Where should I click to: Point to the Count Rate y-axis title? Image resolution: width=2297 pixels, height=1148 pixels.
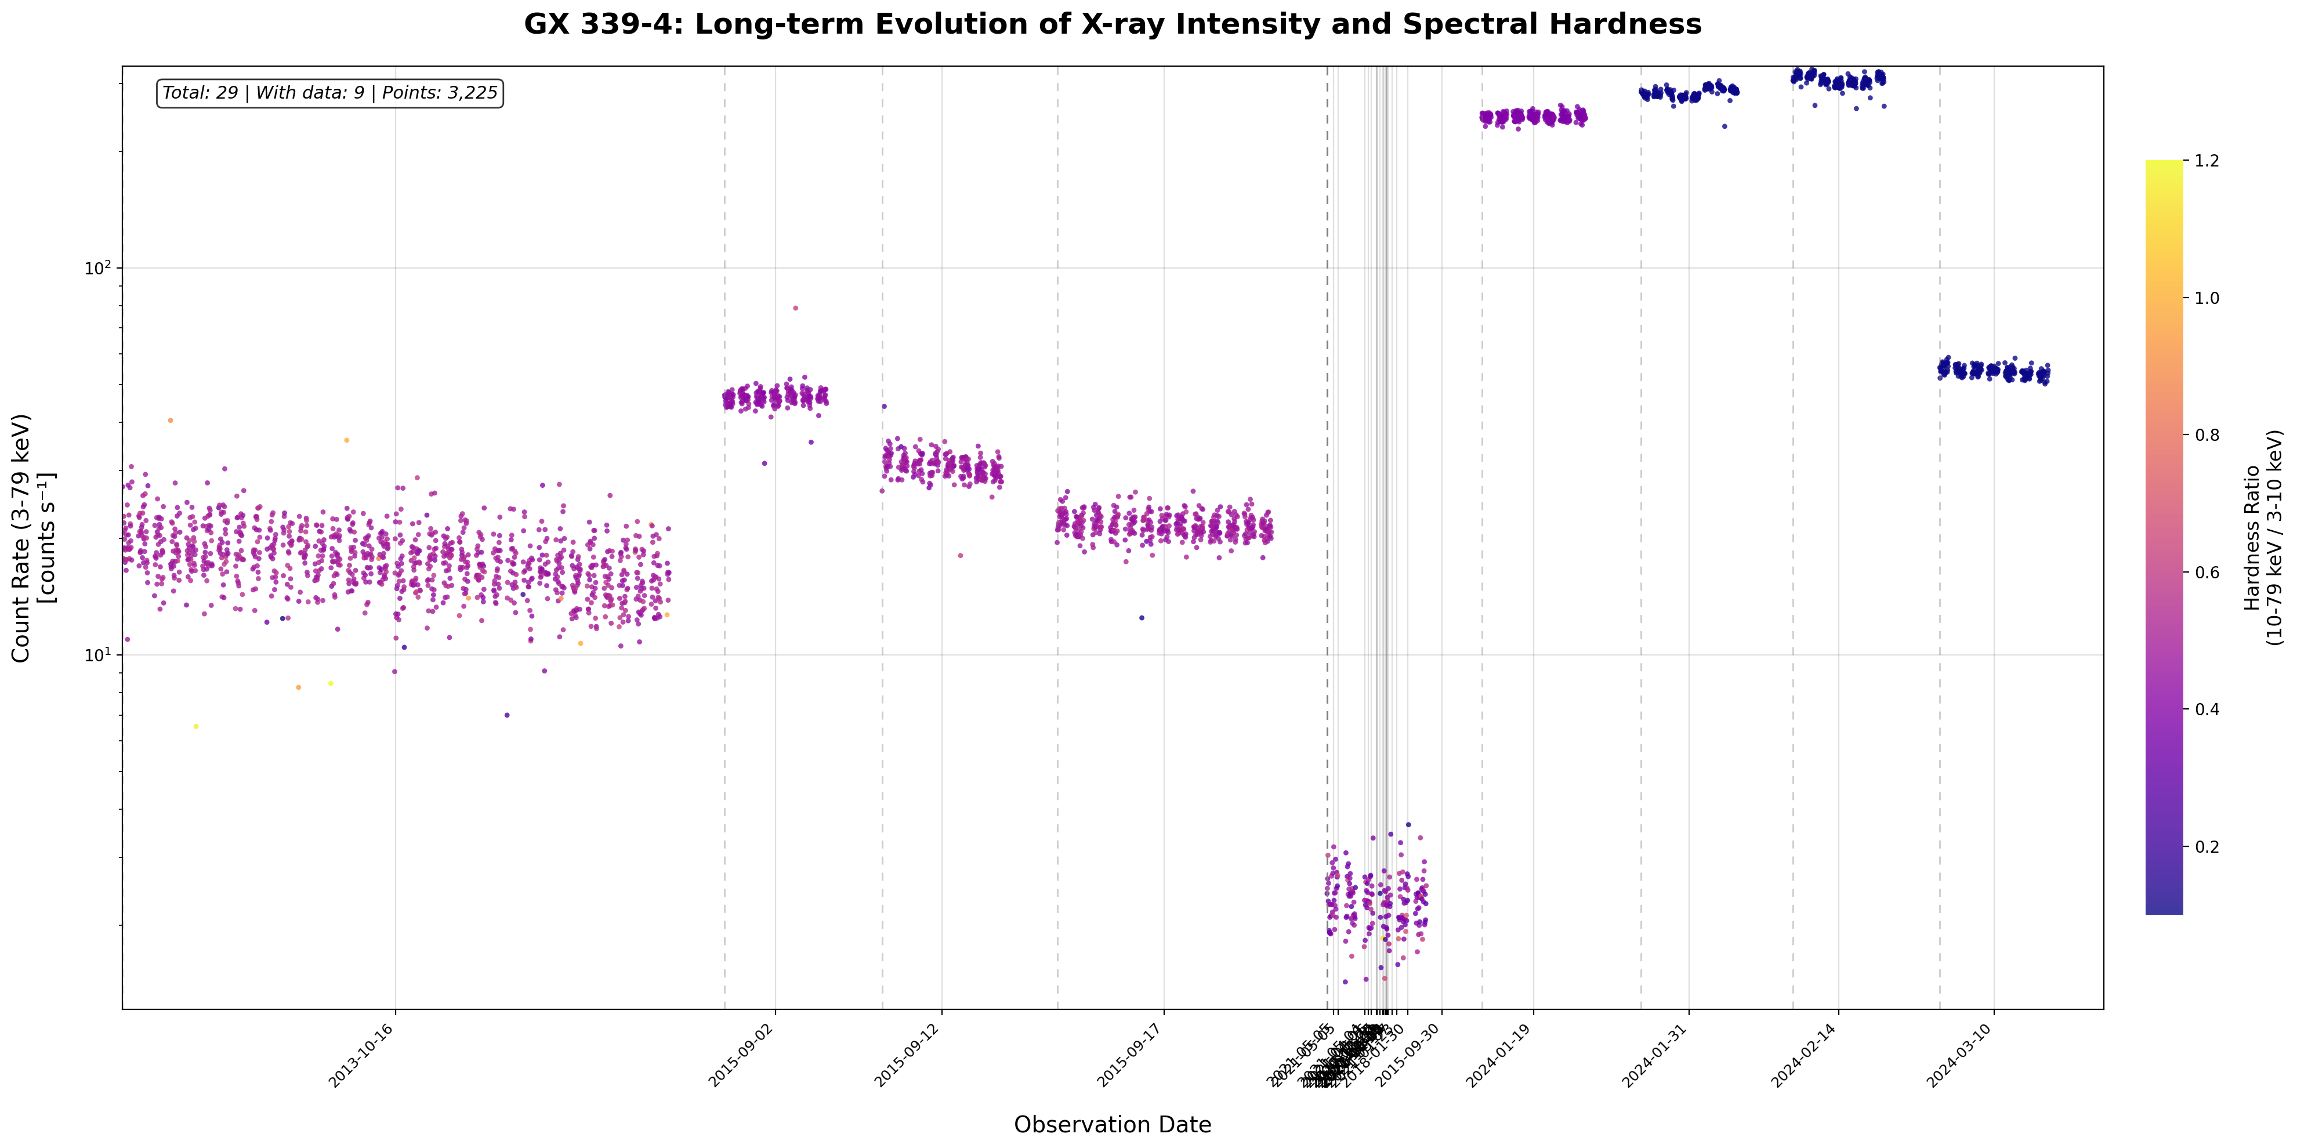coord(33,537)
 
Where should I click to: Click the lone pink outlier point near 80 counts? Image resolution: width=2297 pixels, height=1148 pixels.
coord(795,308)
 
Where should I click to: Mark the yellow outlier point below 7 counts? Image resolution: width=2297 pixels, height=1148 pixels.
coord(196,726)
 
